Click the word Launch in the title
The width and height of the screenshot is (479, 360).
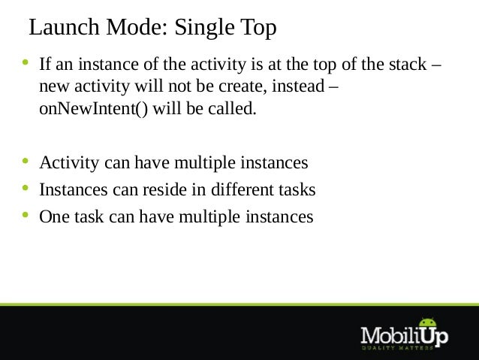pyautogui.click(x=64, y=27)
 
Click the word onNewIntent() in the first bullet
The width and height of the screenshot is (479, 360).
pyautogui.click(x=93, y=108)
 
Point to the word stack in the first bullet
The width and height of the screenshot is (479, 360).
pyautogui.click(x=408, y=64)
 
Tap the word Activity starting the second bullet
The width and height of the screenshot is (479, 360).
pyautogui.click(x=69, y=163)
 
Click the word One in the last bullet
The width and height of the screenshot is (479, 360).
pyautogui.click(x=54, y=217)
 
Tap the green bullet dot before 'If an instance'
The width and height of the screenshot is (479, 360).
pyautogui.click(x=26, y=63)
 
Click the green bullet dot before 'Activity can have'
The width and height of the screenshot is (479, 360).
pyautogui.click(x=26, y=161)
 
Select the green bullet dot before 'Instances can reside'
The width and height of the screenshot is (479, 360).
pyautogui.click(x=26, y=188)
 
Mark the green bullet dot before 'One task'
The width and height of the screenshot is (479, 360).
pyautogui.click(x=26, y=215)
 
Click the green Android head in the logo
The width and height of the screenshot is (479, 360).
pyautogui.click(x=428, y=322)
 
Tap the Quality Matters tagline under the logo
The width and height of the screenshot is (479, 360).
pyautogui.click(x=397, y=348)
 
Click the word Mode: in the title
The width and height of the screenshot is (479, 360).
pyautogui.click(x=137, y=27)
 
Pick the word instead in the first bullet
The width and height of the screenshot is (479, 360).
pyautogui.click(x=298, y=86)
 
